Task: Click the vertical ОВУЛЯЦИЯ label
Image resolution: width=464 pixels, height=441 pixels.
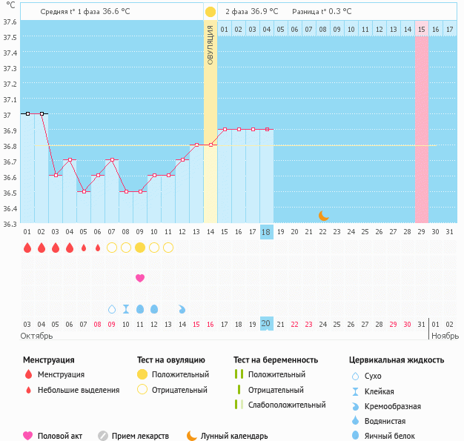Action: [211, 44]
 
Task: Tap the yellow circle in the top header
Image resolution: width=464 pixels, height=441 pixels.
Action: [211, 12]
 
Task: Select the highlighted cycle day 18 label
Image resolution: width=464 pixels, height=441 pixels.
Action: [267, 232]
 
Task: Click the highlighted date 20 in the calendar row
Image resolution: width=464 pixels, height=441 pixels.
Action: [267, 324]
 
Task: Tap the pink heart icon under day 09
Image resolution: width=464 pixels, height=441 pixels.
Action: [140, 278]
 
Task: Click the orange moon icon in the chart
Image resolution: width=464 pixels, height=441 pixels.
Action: [323, 216]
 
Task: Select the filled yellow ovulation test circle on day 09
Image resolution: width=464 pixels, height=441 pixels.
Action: [140, 248]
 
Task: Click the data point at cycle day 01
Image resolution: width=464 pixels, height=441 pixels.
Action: [27, 114]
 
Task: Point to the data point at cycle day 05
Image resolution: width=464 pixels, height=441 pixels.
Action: [84, 191]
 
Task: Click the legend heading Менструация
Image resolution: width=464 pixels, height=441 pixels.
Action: [48, 360]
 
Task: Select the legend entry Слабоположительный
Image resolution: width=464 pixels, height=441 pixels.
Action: [287, 405]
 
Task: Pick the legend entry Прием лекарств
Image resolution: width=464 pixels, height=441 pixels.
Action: [140, 436]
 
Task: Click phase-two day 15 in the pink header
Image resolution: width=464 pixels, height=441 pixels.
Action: [421, 29]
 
